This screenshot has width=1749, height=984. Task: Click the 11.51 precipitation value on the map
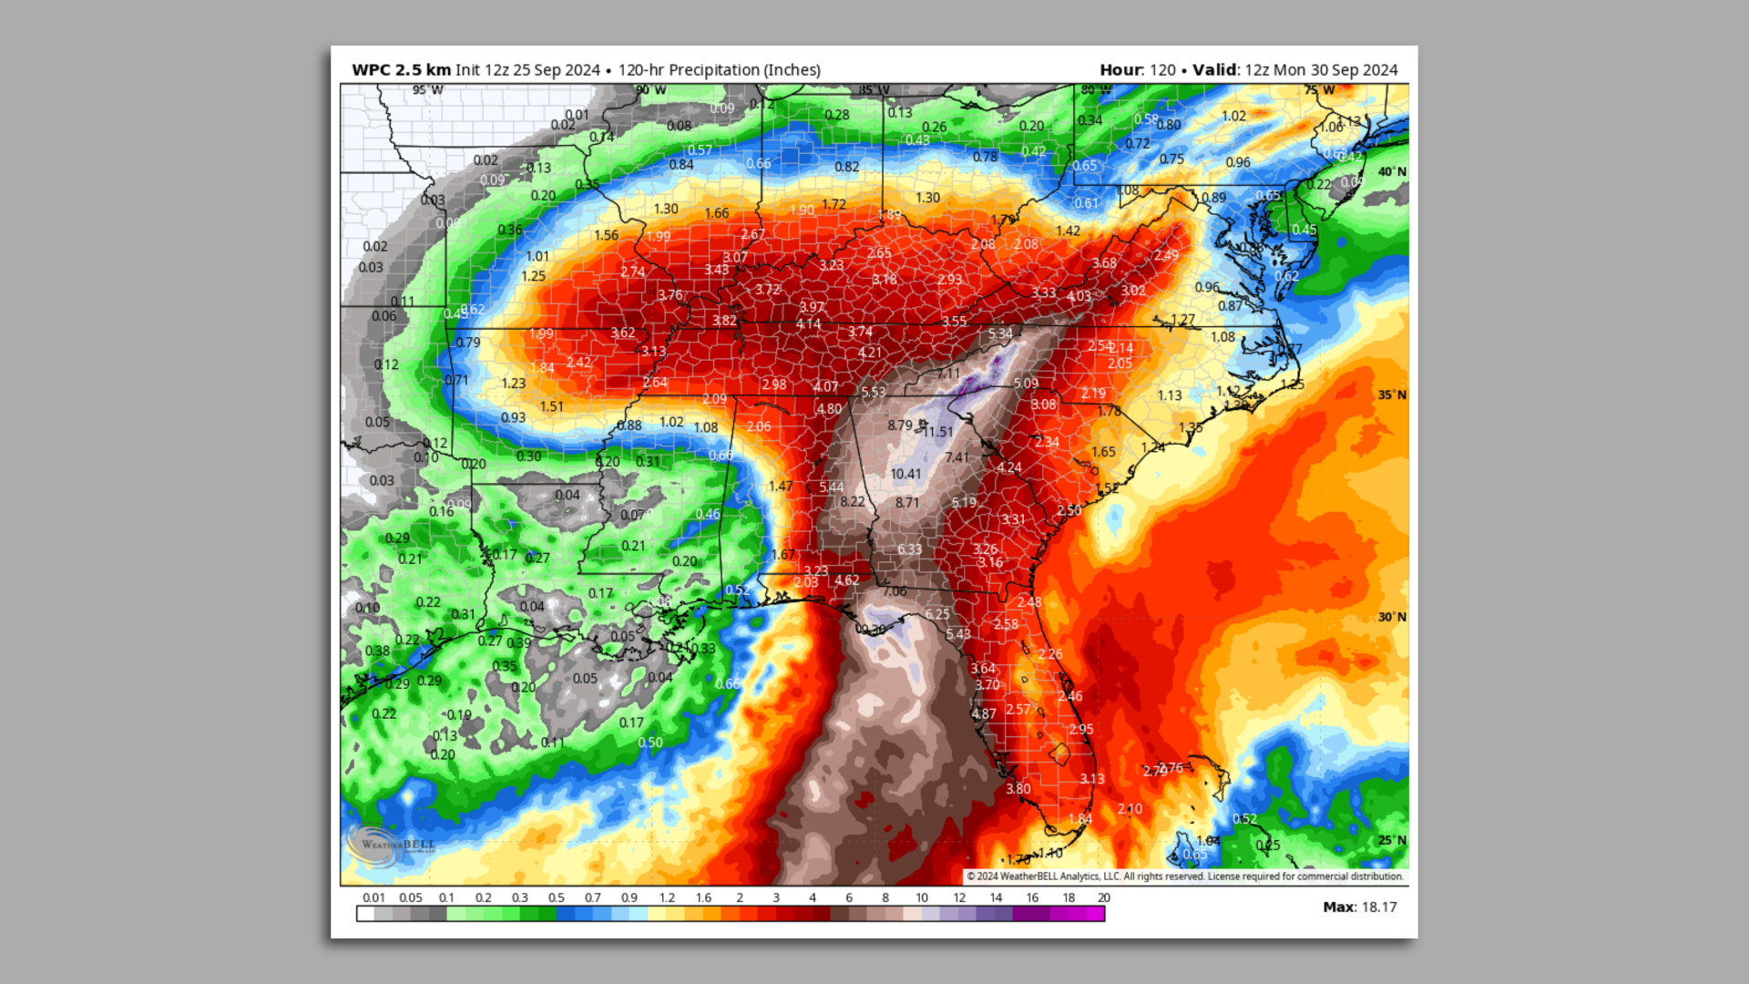coord(938,432)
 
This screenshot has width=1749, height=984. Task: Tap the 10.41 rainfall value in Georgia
coord(905,474)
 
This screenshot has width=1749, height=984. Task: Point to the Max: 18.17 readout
coord(1359,907)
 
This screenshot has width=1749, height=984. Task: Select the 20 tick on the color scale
coord(1103,897)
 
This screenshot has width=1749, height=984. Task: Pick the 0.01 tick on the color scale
coord(373,897)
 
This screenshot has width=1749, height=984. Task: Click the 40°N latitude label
coord(1391,171)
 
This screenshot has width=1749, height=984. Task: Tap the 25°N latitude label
coord(1391,840)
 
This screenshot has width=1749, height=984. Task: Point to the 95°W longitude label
coord(427,90)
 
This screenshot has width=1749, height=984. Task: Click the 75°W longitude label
coord(1318,90)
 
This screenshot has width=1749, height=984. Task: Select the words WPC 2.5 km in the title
coord(401,70)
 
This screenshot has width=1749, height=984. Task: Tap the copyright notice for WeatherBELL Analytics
coord(1184,876)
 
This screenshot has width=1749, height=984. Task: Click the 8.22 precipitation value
coord(853,502)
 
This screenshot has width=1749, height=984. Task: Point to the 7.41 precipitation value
coord(956,457)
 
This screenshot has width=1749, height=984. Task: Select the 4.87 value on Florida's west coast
coord(983,714)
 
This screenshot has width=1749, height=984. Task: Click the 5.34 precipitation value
coord(1000,334)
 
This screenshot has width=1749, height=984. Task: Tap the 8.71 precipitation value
coord(906,503)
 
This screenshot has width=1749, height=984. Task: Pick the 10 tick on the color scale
coord(921,897)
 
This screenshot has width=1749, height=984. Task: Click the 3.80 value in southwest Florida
coord(1018,789)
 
